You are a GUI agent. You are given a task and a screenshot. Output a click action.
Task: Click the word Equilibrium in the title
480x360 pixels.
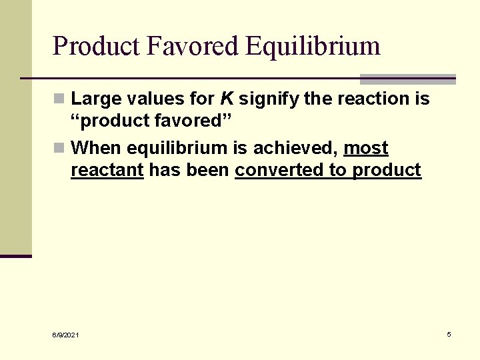313,47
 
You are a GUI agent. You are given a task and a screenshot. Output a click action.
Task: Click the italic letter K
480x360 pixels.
227,99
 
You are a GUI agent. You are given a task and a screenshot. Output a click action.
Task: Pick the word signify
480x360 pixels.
269,99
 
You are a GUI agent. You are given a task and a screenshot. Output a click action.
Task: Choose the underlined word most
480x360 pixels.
365,148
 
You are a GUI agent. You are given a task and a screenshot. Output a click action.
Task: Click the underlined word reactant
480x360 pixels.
107,170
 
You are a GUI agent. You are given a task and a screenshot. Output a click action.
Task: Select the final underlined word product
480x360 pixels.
387,170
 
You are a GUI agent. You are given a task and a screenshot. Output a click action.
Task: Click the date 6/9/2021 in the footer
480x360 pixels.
65,335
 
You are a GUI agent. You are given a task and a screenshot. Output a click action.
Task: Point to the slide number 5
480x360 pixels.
449,334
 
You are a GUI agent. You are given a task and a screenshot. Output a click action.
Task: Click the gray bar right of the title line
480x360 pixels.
407,79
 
